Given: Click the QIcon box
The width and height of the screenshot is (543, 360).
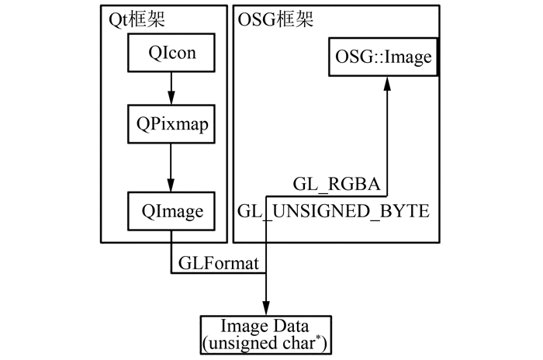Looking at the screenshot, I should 171,54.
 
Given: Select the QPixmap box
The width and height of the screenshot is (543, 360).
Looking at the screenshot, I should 171,123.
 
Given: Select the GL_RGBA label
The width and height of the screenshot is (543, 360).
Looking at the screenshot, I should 336,185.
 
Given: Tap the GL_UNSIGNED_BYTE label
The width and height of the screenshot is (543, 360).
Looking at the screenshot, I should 334,210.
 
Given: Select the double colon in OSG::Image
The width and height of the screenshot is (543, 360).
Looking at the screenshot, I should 368,58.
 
